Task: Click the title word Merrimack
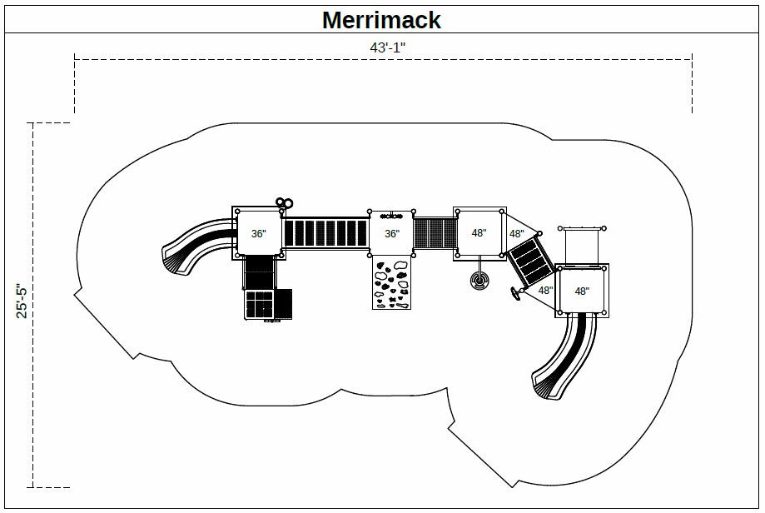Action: pyautogui.click(x=381, y=19)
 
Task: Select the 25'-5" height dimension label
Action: pyautogui.click(x=23, y=301)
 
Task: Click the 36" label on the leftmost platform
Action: pyautogui.click(x=258, y=234)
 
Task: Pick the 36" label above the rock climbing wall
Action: pyautogui.click(x=391, y=234)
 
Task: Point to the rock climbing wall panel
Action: pyautogui.click(x=391, y=284)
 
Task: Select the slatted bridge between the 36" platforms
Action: pyautogui.click(x=326, y=234)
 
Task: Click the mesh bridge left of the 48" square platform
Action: pyautogui.click(x=434, y=232)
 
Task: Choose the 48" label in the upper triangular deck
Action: pyautogui.click(x=516, y=234)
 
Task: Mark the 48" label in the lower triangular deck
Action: pyautogui.click(x=544, y=291)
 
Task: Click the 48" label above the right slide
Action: pyautogui.click(x=581, y=291)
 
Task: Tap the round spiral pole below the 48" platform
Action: pyautogui.click(x=480, y=281)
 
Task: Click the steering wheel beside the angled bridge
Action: pyautogui.click(x=516, y=293)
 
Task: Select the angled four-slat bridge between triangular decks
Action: pyautogui.click(x=529, y=261)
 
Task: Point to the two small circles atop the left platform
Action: pyautogui.click(x=285, y=202)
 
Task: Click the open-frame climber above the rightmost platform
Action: pyautogui.click(x=582, y=245)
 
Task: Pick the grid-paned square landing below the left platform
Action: pyautogui.click(x=260, y=304)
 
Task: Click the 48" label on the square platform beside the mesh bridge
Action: pyautogui.click(x=479, y=233)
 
